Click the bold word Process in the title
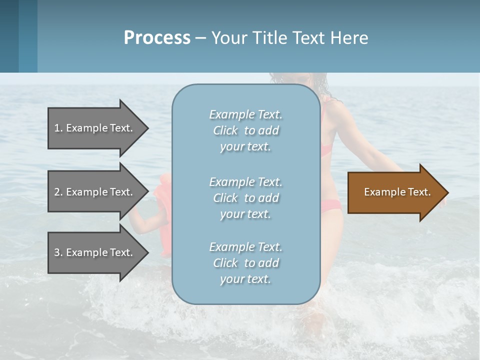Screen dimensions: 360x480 157,38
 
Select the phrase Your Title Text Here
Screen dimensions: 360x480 289,38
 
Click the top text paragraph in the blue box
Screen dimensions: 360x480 245,130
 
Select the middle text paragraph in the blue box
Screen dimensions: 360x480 245,197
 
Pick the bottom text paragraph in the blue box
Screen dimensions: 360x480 245,262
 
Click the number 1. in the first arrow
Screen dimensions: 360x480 58,128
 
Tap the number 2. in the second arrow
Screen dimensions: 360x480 58,192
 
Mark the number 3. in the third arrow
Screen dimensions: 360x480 58,252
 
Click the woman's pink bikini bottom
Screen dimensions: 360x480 330,205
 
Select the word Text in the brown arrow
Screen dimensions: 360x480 419,192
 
